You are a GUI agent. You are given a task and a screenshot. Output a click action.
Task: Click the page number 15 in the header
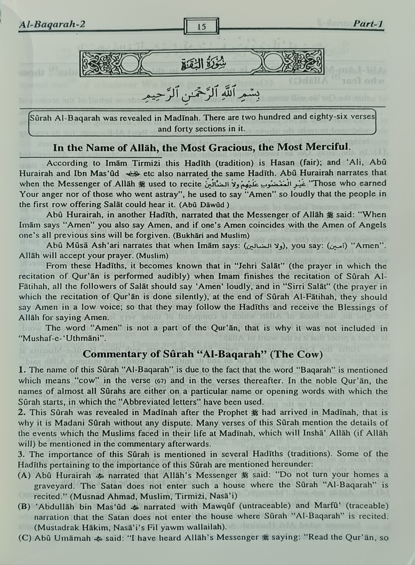pos(202,27)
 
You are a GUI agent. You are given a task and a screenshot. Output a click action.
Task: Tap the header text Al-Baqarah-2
pos(52,25)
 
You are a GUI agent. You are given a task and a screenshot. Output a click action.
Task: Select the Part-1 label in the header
pos(367,24)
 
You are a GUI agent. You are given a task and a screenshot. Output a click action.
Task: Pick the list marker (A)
pos(24,475)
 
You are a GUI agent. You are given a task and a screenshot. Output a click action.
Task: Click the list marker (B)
pos(24,506)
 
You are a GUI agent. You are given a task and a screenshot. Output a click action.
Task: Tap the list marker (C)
pos(24,538)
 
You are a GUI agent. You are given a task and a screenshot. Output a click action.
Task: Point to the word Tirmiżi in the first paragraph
pos(130,163)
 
